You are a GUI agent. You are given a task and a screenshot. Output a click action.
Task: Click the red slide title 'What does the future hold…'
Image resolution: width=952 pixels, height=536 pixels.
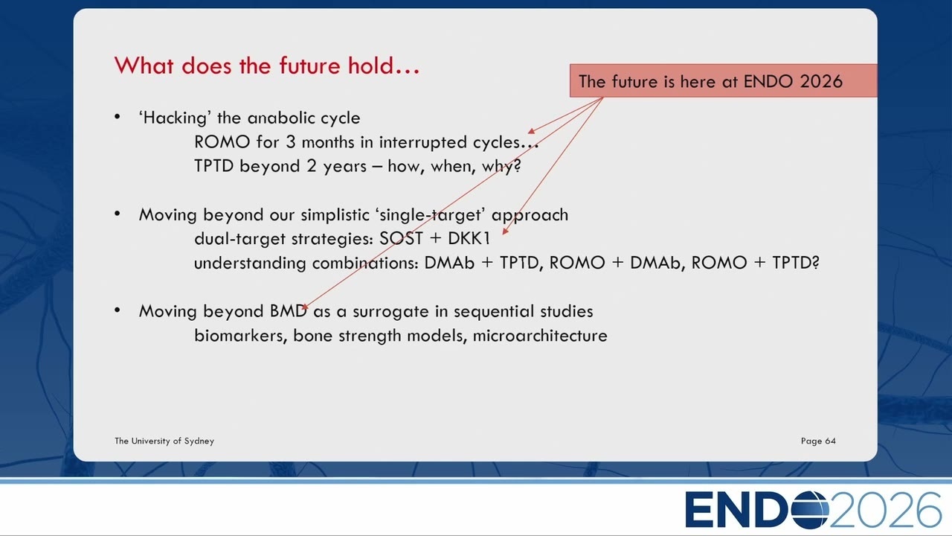click(x=267, y=66)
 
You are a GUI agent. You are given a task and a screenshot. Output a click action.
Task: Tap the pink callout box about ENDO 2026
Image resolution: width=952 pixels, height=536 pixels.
click(x=724, y=81)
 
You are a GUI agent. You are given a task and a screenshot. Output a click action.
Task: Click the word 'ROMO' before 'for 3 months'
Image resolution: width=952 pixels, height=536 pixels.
click(x=222, y=142)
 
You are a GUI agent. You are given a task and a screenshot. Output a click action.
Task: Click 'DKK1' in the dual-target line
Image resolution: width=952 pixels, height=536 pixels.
click(x=469, y=239)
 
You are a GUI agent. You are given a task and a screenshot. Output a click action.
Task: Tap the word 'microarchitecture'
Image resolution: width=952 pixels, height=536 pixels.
click(x=540, y=336)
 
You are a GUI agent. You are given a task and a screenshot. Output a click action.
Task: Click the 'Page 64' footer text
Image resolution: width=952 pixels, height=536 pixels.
click(x=818, y=441)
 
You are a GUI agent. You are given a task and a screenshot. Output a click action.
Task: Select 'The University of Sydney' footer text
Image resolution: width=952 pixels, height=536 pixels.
click(x=164, y=441)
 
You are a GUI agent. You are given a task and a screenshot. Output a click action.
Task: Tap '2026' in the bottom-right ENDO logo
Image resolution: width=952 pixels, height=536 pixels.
click(x=885, y=509)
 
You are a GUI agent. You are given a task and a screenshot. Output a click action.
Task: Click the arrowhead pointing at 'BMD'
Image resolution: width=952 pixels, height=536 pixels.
click(x=305, y=307)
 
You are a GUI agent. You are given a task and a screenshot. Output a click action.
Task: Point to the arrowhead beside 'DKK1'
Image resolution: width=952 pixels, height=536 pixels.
click(x=505, y=232)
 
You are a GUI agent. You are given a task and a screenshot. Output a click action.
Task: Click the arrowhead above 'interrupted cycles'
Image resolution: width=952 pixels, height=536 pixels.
click(x=531, y=131)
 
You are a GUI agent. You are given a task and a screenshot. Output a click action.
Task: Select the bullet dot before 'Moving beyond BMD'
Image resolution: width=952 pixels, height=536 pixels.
click(x=118, y=310)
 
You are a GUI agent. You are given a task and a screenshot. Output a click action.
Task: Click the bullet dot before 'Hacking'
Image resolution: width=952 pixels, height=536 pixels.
click(x=118, y=117)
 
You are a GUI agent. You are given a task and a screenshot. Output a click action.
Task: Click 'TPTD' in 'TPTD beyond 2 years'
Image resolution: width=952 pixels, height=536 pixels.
click(x=213, y=166)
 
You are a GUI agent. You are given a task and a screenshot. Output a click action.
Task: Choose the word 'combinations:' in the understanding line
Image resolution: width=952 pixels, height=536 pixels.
click(x=365, y=263)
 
